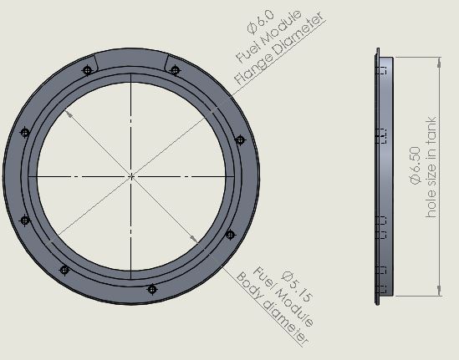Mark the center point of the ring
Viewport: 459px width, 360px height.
132,175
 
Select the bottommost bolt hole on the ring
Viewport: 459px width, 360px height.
151,289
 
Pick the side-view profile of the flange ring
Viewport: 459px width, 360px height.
381,175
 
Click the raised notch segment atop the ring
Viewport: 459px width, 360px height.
131,58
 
